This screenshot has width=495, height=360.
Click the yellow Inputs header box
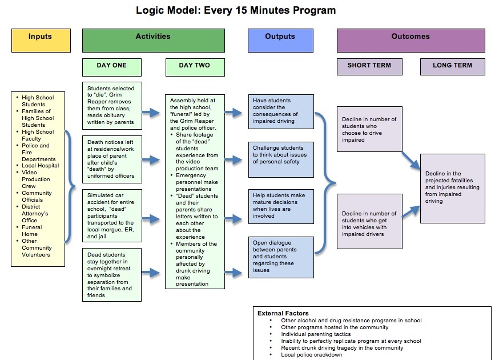click(41, 41)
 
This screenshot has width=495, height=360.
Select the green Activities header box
click(153, 41)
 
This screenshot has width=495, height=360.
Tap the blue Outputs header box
click(280, 41)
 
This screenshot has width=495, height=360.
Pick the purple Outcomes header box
click(410, 41)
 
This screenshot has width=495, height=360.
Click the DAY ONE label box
click(112, 66)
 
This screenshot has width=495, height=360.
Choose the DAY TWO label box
click(194, 66)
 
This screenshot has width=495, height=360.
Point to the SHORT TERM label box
click(369, 66)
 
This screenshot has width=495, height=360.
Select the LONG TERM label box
click(452, 66)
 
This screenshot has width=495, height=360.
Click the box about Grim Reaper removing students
click(111, 106)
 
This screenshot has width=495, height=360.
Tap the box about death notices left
click(111, 158)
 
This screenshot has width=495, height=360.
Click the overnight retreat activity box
click(111, 274)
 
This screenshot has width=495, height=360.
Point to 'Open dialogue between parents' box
click(280, 257)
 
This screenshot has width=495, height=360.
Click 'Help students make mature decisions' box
click(280, 206)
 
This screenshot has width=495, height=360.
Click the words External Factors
click(283, 313)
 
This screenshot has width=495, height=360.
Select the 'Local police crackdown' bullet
click(311, 355)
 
